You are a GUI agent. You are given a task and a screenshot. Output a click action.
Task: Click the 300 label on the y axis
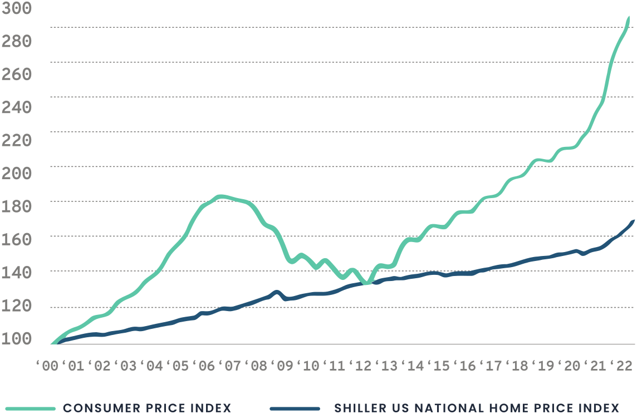[x=16, y=8]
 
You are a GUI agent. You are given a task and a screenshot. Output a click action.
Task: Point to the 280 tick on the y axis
[x=16, y=41]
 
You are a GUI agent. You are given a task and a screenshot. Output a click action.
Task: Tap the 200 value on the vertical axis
[x=16, y=173]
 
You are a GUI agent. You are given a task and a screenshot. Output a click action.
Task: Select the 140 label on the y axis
[x=16, y=272]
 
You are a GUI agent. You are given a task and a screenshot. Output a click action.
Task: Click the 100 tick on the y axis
[x=16, y=338]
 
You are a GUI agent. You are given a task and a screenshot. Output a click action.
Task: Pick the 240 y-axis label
[x=16, y=107]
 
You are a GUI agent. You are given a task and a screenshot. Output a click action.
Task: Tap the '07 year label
[x=231, y=366]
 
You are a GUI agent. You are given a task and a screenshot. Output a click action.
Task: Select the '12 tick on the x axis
[x=362, y=366]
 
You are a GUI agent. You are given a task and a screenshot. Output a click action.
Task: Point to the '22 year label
[x=622, y=366]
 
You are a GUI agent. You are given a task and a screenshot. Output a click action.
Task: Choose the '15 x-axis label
[x=440, y=366]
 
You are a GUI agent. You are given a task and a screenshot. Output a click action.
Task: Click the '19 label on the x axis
[x=544, y=366]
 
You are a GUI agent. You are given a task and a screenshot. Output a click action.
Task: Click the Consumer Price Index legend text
[x=147, y=408]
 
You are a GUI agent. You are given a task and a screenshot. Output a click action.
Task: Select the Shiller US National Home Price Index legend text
[x=477, y=408]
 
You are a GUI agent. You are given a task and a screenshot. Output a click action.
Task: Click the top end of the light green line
[x=629, y=18]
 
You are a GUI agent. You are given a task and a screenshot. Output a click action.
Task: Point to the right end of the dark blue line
[x=634, y=221]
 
